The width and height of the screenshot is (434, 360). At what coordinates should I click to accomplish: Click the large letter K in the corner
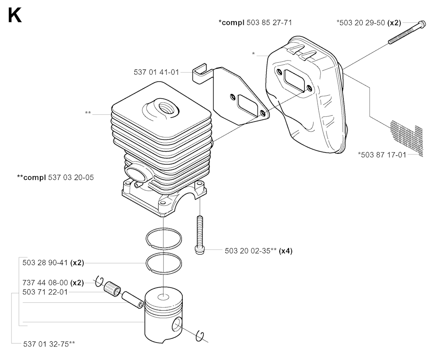tap(14, 15)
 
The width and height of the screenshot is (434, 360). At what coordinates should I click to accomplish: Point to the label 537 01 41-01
tap(156, 72)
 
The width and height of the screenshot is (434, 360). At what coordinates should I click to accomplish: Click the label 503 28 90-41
tap(45, 263)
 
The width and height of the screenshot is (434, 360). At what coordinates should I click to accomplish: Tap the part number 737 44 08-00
tap(45, 282)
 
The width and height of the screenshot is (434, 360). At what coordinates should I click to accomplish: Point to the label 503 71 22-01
tap(45, 292)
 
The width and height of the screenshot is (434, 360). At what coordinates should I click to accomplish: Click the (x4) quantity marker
tap(286, 251)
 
